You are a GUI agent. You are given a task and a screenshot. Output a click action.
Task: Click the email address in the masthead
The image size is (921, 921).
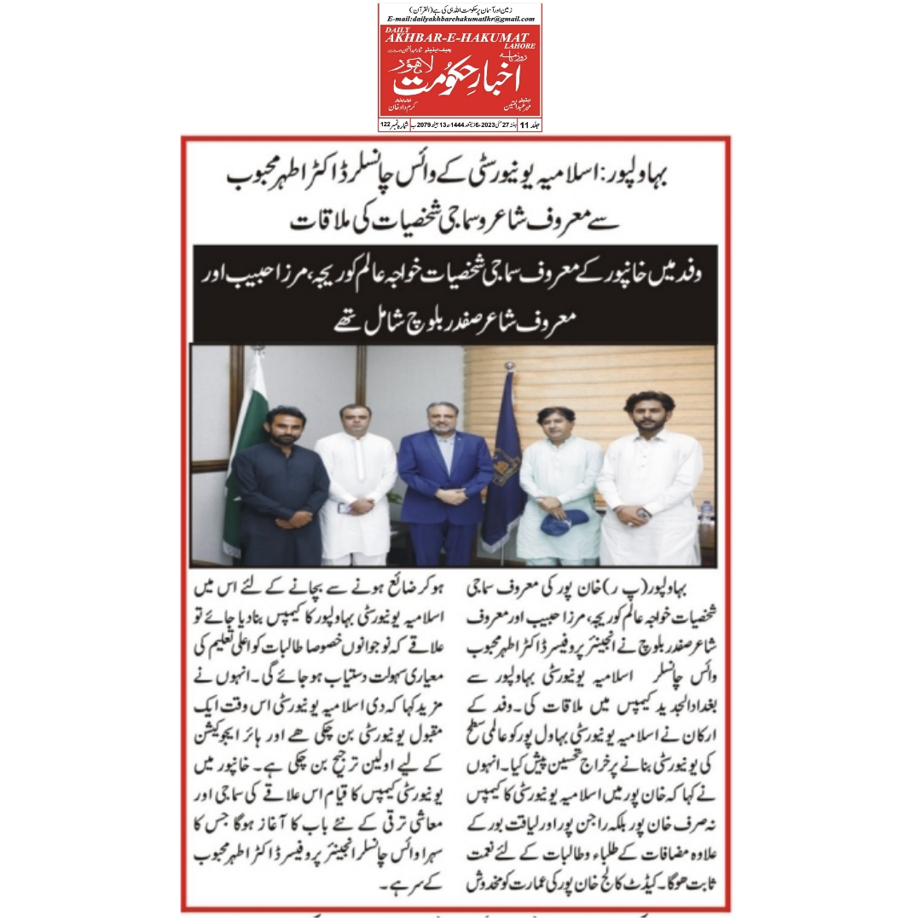tap(460, 18)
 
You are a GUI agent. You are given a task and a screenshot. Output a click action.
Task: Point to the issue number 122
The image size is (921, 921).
tap(385, 125)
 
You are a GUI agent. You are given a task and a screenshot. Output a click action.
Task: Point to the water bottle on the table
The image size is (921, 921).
tap(707, 512)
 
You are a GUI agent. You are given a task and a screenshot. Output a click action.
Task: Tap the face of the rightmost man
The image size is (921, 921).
tap(654, 413)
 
